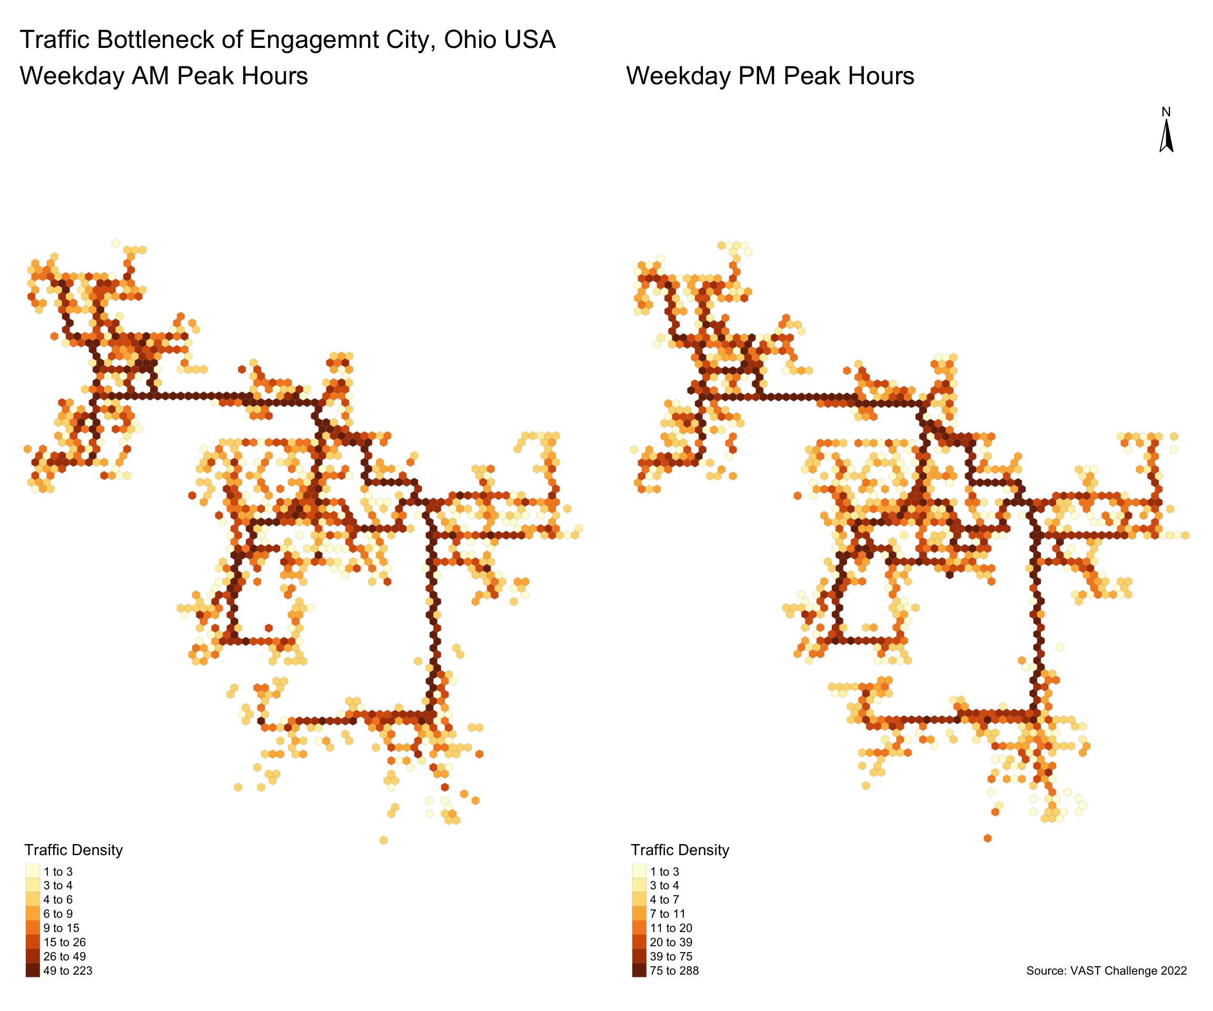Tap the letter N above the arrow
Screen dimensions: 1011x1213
[1166, 112]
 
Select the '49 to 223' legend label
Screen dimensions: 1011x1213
[67, 970]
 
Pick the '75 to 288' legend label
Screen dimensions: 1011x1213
[674, 970]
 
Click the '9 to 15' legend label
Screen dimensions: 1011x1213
[61, 928]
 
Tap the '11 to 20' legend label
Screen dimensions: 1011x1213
[671, 928]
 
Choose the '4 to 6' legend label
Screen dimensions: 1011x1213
[58, 899]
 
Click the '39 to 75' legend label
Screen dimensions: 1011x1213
[671, 956]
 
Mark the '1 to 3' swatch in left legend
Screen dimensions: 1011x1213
[33, 871]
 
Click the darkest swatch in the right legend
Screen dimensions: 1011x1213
[639, 970]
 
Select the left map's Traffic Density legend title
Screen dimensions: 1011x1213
[73, 850]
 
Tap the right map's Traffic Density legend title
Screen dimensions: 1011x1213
[680, 850]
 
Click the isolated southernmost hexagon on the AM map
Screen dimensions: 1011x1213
[384, 840]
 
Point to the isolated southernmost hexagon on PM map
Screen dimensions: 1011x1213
[987, 838]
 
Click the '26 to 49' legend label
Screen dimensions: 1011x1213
[64, 956]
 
